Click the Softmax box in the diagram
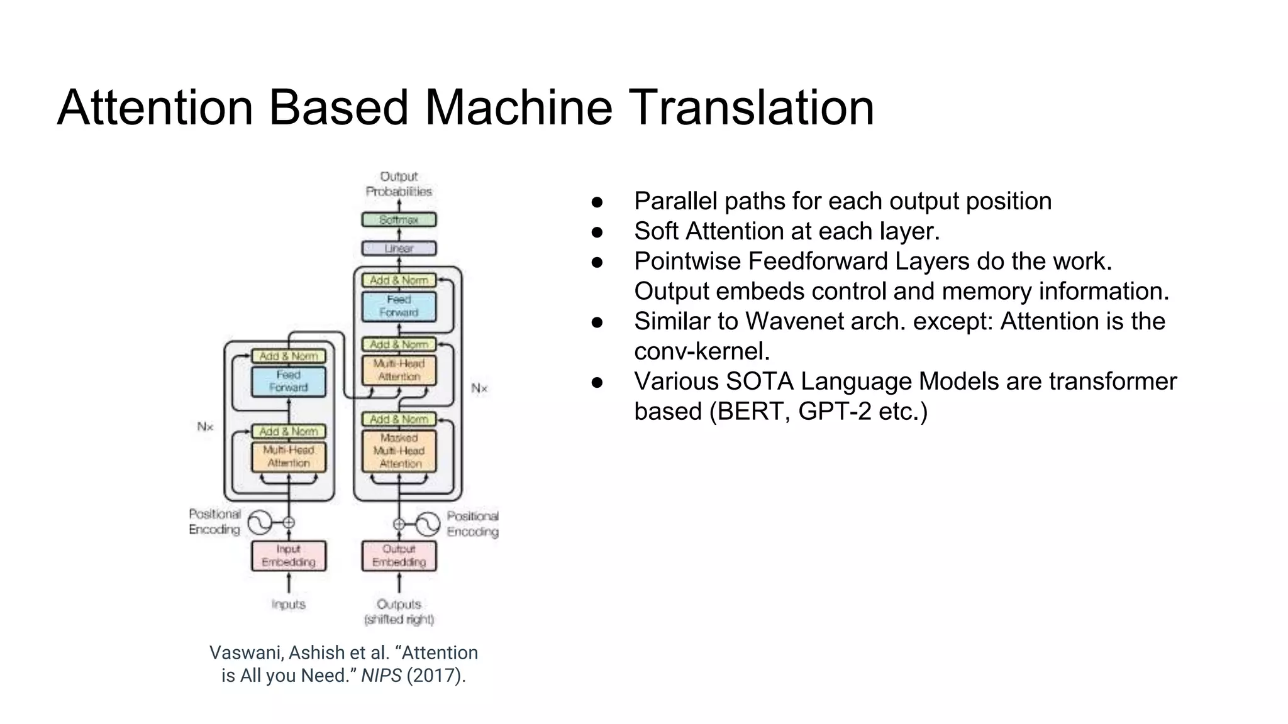[x=399, y=220]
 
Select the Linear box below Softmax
[x=399, y=248]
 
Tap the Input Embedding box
[x=289, y=556]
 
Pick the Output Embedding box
[x=399, y=556]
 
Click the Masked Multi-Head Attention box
[x=399, y=451]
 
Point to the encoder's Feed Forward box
[x=289, y=381]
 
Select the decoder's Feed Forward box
[x=399, y=306]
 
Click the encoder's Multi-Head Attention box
[x=289, y=457]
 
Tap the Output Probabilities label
[x=399, y=184]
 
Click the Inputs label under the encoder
[x=289, y=605]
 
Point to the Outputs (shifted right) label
[x=399, y=612]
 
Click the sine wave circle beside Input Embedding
[x=260, y=522]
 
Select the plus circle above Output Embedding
[x=399, y=524]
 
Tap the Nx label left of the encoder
[x=205, y=427]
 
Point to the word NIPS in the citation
[x=381, y=676]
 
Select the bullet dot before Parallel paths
[x=597, y=202]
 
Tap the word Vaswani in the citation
[x=246, y=653]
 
